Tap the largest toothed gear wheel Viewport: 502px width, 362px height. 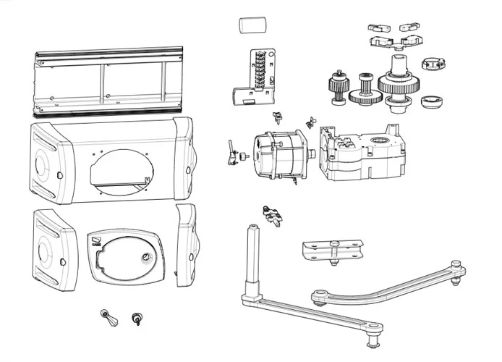pos(397,85)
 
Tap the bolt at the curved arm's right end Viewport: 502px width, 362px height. pos(456,266)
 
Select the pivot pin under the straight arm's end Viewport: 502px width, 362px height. pos(373,337)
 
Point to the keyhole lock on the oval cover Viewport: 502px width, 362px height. pos(147,259)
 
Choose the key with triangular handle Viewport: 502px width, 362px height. pos(107,316)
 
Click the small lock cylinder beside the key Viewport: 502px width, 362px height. pos(135,318)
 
